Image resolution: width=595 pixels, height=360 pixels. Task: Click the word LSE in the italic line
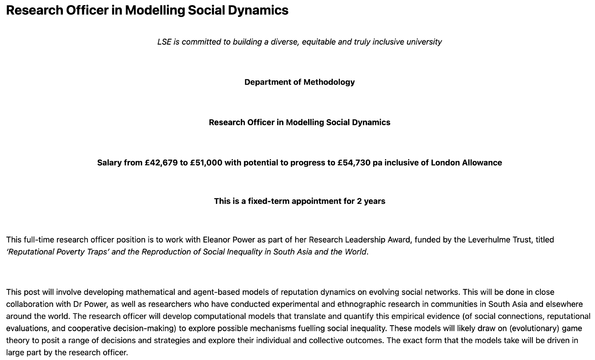164,42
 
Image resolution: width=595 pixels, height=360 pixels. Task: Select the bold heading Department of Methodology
299,82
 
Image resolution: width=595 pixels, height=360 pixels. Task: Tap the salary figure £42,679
161,163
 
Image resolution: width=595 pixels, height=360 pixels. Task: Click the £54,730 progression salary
354,163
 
